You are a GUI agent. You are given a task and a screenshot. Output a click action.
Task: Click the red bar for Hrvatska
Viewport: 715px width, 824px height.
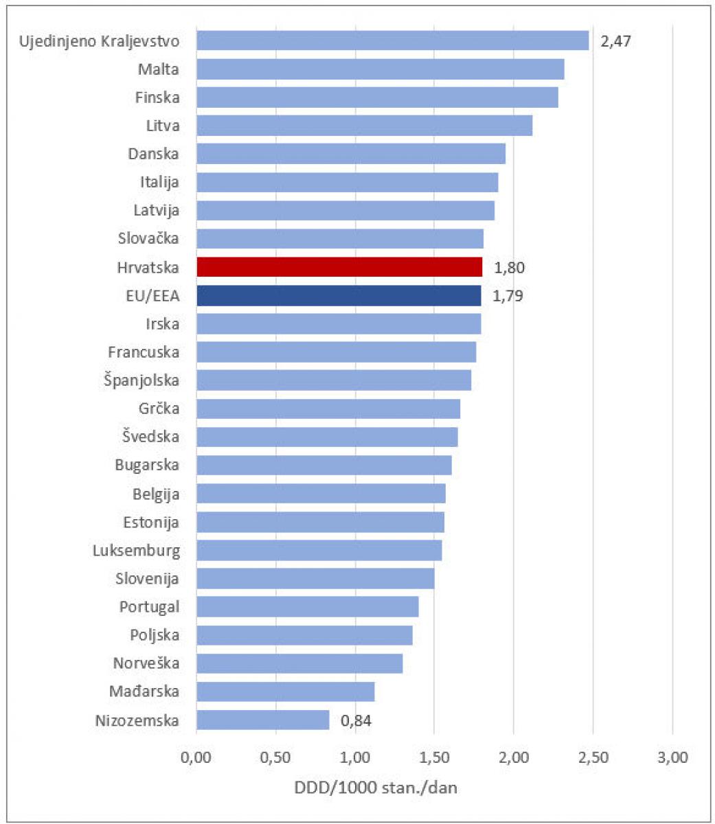click(339, 267)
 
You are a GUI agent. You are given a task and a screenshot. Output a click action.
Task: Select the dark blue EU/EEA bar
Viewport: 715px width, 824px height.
click(339, 296)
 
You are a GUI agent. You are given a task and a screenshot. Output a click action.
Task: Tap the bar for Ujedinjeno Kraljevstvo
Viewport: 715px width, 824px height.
click(392, 41)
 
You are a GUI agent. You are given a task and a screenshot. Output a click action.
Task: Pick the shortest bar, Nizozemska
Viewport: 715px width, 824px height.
click(263, 720)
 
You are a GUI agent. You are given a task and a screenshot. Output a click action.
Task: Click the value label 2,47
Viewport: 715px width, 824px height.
click(615, 41)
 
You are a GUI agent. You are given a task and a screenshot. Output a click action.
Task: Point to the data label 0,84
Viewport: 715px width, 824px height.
click(356, 721)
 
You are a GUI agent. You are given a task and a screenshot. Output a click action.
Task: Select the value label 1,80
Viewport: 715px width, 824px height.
click(509, 268)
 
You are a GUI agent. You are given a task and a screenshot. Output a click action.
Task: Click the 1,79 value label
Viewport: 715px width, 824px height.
click(508, 297)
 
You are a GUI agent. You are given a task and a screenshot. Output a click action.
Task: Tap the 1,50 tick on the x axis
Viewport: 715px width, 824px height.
click(434, 758)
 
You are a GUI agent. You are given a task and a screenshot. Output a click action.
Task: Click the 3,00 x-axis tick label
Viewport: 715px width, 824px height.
click(672, 758)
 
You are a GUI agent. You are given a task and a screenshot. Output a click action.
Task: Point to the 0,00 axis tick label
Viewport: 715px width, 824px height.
click(196, 758)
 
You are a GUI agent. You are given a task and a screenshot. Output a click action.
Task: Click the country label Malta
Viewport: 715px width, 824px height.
click(159, 69)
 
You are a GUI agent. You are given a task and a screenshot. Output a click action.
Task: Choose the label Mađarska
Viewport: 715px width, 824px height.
click(144, 691)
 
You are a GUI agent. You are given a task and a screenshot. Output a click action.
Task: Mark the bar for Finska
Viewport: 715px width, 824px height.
click(377, 98)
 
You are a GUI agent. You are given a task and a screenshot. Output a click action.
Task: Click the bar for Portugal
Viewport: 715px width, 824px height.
click(307, 607)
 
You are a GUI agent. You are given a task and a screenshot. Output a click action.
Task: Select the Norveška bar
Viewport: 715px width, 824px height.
click(299, 664)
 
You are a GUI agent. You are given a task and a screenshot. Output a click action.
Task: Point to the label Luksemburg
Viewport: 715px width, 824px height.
click(136, 550)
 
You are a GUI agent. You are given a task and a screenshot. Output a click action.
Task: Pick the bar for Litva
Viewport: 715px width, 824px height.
click(364, 126)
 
